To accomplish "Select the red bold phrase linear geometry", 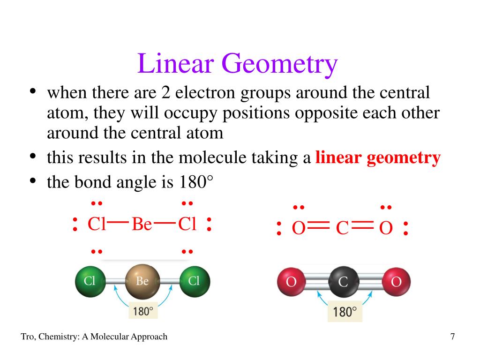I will [x=378, y=158].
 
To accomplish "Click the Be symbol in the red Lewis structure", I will [x=142, y=225].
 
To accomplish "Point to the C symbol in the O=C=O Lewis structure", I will [x=342, y=229].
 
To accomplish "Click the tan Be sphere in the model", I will [x=142, y=281].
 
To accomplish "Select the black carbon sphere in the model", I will [x=343, y=282].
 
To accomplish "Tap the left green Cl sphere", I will [x=90, y=281].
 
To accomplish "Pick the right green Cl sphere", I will [x=195, y=281].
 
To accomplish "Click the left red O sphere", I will [x=291, y=282].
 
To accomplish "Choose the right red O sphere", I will [x=396, y=282].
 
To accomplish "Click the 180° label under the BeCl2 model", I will [x=142, y=311].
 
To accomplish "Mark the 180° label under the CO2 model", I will [x=345, y=312].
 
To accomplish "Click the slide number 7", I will [x=452, y=337].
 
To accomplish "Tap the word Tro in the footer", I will [x=28, y=337].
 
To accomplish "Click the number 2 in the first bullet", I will [x=165, y=93].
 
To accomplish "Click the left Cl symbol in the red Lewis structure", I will [x=97, y=225].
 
